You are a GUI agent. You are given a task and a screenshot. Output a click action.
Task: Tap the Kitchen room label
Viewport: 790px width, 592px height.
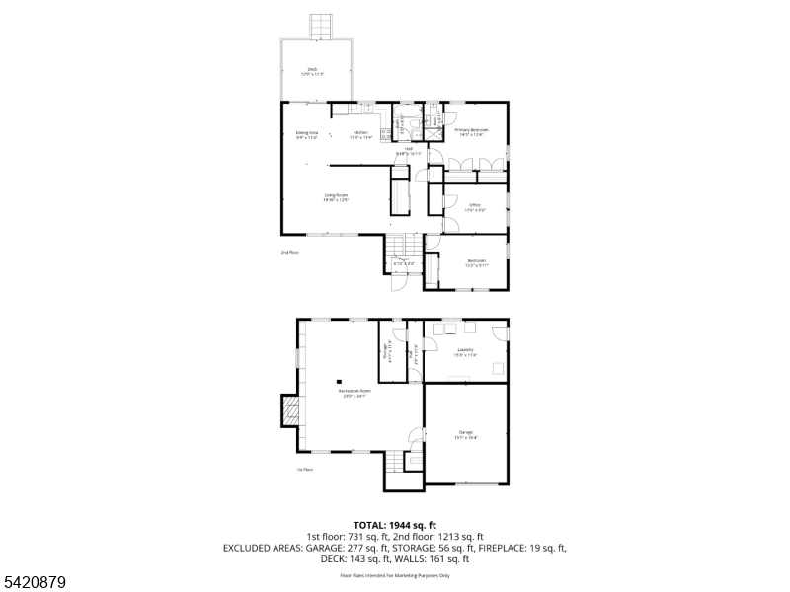pyautogui.click(x=361, y=134)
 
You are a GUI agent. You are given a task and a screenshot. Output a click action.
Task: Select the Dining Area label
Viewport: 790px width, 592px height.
pyautogui.click(x=307, y=134)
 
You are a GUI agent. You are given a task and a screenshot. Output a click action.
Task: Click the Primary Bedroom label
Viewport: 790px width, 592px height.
pyautogui.click(x=471, y=132)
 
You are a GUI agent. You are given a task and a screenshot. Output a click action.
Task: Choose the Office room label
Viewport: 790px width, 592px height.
pyautogui.click(x=475, y=207)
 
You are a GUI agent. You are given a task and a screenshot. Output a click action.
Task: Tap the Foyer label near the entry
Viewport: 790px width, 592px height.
pyautogui.click(x=404, y=262)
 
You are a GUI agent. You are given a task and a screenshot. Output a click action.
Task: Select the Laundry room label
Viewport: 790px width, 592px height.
pyautogui.click(x=466, y=352)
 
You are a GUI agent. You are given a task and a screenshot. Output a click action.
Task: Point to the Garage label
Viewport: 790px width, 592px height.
pyautogui.click(x=466, y=434)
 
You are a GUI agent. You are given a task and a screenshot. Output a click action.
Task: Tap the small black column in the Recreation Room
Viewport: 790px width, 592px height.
pyautogui.click(x=339, y=380)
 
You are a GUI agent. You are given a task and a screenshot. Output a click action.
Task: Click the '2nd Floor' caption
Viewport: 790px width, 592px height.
pyautogui.click(x=289, y=253)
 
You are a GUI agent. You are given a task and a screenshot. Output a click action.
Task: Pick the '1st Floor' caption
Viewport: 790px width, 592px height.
pyautogui.click(x=305, y=470)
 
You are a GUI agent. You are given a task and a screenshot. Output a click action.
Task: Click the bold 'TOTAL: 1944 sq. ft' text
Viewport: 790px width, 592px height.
pyautogui.click(x=394, y=524)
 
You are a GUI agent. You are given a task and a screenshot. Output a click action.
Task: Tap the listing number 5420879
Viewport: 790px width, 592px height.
pyautogui.click(x=34, y=583)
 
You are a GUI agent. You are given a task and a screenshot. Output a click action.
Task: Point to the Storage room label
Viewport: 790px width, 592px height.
pyautogui.click(x=386, y=351)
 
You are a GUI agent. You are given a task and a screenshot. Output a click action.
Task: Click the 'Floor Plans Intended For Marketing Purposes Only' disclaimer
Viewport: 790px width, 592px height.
pyautogui.click(x=394, y=574)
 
